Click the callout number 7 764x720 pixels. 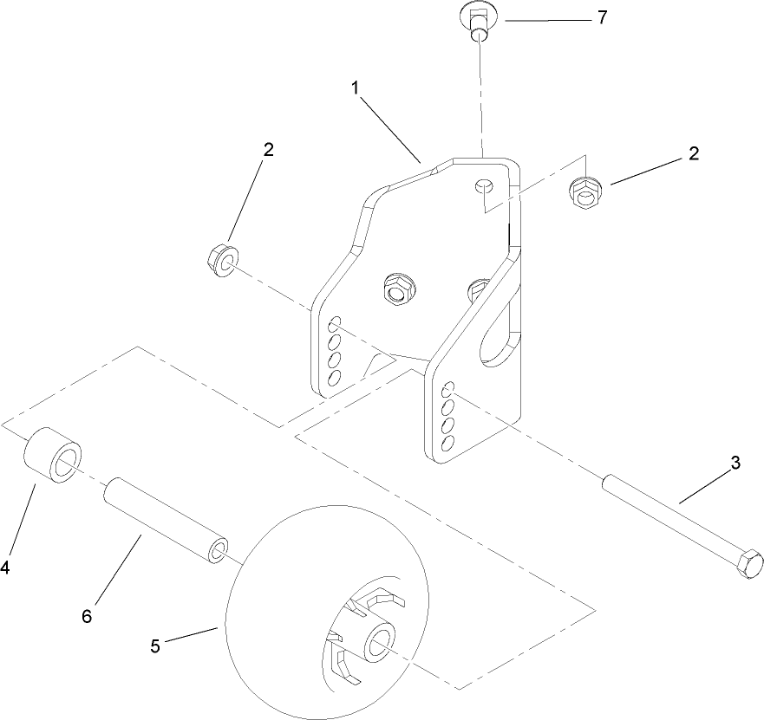pyautogui.click(x=600, y=18)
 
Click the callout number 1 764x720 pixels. pyautogui.click(x=355, y=88)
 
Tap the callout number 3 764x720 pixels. pyautogui.click(x=735, y=463)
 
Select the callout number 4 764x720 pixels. pyautogui.click(x=5, y=568)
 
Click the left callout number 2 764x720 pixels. pyautogui.click(x=268, y=149)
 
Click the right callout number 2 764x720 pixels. pyautogui.click(x=692, y=153)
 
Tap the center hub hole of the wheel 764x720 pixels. pyautogui.click(x=378, y=643)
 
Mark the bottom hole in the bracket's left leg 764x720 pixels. pyautogui.click(x=334, y=377)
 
